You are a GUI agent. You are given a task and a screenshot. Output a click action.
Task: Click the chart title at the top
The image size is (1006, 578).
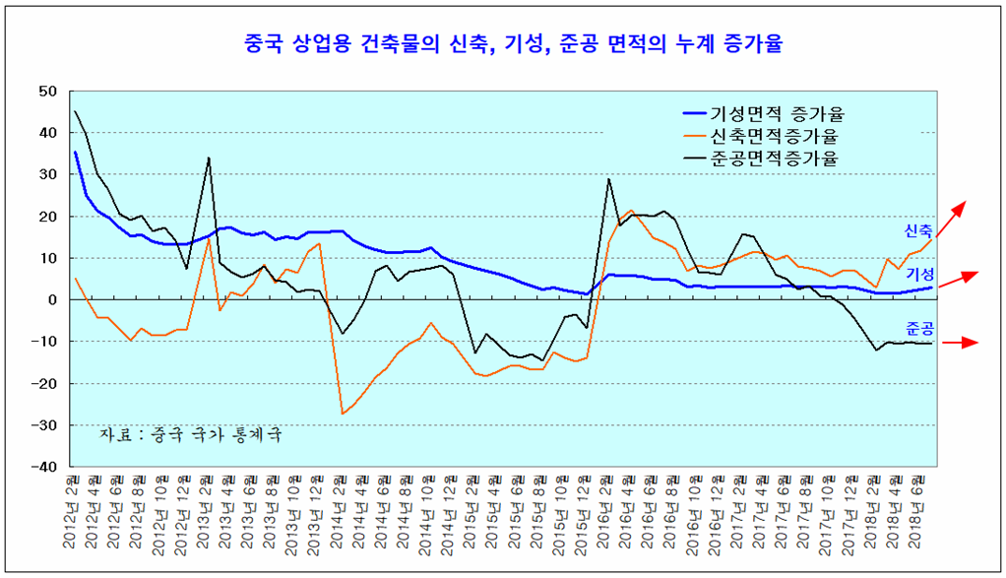pos(503,43)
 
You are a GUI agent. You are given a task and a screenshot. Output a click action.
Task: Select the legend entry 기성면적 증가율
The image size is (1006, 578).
pos(778,112)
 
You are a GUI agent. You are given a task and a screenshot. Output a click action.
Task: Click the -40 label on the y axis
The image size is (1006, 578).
pos(45,467)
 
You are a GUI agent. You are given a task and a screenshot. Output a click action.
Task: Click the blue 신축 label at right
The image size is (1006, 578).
pos(917,230)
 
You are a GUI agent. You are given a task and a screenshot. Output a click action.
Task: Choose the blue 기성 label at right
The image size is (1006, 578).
pos(919,273)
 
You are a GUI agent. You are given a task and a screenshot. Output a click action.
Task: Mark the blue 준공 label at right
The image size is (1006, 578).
pos(917,328)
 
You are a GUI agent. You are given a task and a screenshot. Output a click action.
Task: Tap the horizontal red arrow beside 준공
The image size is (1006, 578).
pos(961,343)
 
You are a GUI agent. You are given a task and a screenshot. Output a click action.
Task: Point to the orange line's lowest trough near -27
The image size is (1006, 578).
pos(343,414)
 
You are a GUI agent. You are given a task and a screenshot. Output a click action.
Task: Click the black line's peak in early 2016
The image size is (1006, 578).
pos(609,179)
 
